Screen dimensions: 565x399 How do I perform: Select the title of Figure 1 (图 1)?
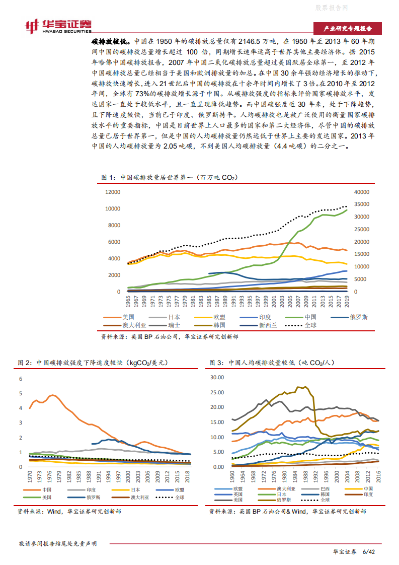click(x=169, y=178)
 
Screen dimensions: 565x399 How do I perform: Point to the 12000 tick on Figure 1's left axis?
click(x=113, y=192)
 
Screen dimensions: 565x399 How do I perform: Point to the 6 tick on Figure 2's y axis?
click(x=21, y=379)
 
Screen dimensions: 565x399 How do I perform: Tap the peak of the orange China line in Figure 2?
click(x=52, y=395)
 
